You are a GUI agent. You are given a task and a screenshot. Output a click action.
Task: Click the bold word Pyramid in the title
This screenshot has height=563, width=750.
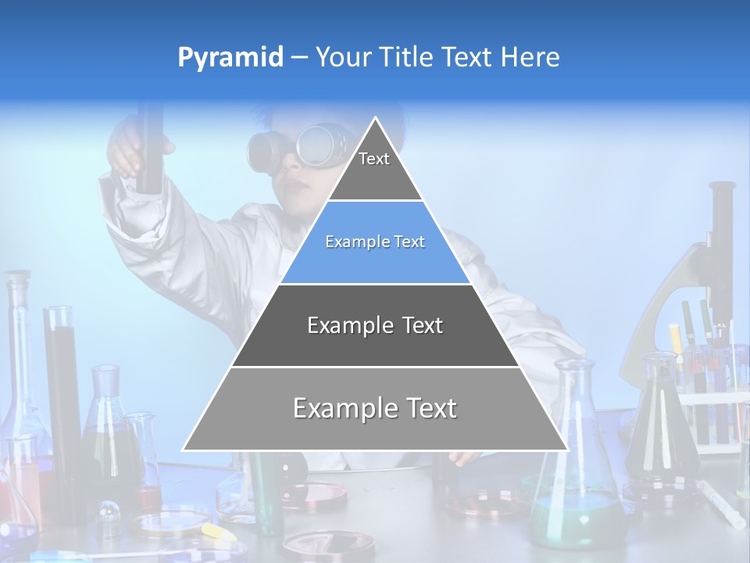[x=230, y=58]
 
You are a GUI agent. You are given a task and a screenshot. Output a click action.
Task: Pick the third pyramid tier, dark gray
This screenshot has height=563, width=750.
[x=375, y=325]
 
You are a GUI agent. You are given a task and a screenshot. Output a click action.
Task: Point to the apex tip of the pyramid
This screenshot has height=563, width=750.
[x=376, y=120]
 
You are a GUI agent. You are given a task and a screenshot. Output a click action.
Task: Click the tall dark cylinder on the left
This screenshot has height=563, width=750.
[x=62, y=391]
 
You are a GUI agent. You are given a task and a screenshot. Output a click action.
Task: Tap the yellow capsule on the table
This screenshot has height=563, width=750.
[x=214, y=531]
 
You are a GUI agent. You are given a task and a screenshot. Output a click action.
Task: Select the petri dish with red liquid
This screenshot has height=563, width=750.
[x=319, y=494]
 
